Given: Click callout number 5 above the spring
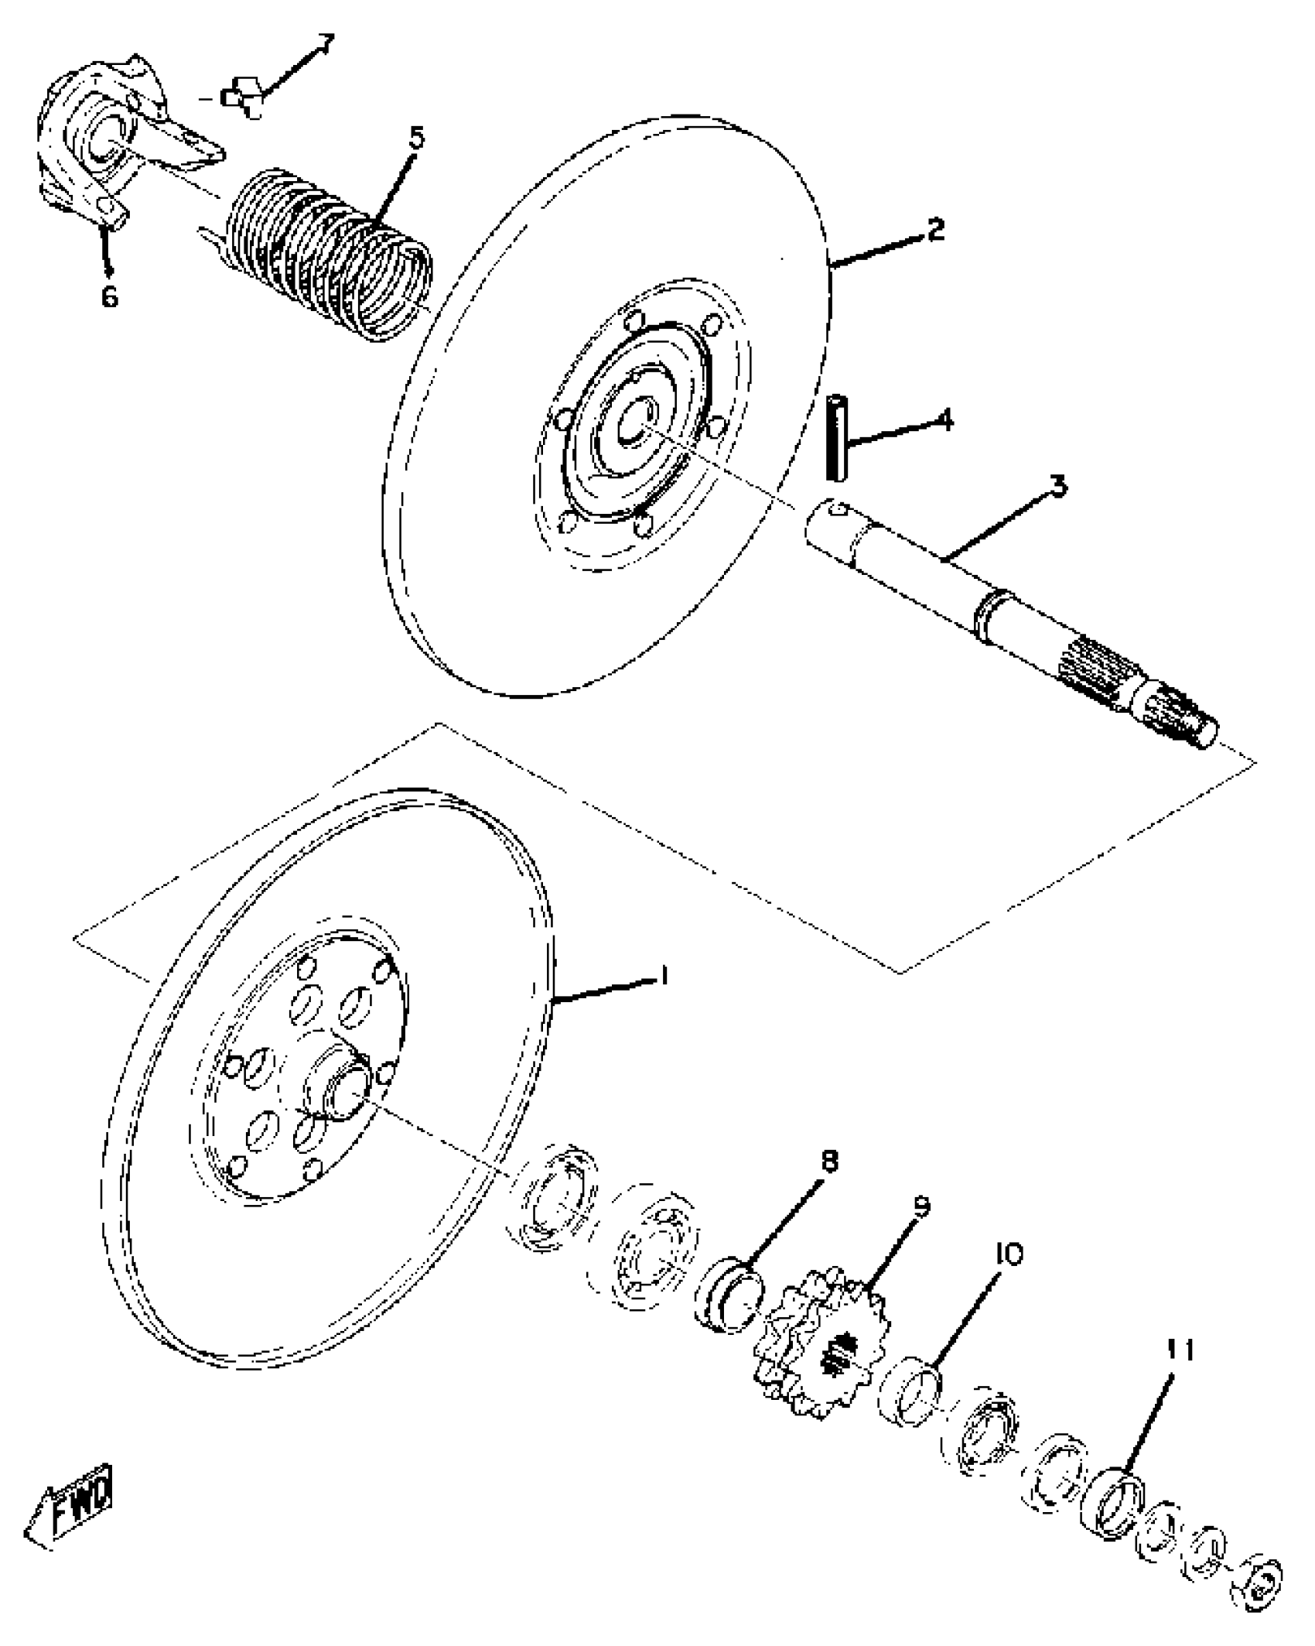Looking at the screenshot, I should [x=416, y=139].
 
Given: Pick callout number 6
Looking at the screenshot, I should [x=109, y=295].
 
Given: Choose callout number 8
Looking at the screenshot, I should [x=828, y=1183].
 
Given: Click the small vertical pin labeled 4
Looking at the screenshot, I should [x=836, y=437].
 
